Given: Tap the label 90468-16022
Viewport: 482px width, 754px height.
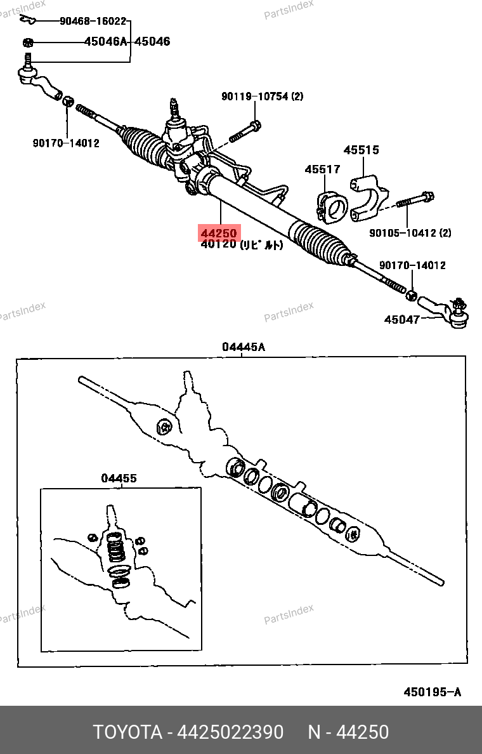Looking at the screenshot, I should click(x=93, y=21).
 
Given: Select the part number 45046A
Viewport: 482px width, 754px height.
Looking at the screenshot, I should click(x=106, y=42).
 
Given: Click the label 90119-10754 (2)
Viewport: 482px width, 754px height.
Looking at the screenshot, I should click(x=262, y=96).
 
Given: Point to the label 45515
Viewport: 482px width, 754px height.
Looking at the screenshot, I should click(x=361, y=150).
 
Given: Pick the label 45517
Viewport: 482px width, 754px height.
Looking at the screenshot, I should click(x=322, y=169).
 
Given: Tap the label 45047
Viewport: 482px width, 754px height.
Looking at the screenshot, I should click(x=401, y=319).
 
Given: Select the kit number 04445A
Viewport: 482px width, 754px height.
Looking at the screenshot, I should click(x=243, y=347).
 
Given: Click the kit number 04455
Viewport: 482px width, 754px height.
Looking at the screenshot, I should click(x=119, y=479).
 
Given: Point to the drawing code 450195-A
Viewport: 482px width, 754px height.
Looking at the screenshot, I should click(x=433, y=692).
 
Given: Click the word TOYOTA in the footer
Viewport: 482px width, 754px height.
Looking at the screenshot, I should click(x=127, y=732).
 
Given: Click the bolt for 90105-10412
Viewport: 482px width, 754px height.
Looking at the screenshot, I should click(x=415, y=200).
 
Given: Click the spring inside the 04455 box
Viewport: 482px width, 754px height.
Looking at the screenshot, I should click(x=114, y=547).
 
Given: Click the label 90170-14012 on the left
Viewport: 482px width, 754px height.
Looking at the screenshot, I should click(x=66, y=143).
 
